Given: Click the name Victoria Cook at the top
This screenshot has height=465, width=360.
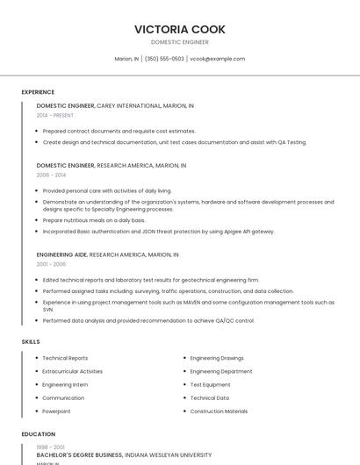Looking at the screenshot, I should click(x=179, y=29).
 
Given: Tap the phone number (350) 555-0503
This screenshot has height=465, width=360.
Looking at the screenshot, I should click(x=164, y=59).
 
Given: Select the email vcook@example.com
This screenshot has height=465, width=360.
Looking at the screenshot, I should click(x=217, y=59).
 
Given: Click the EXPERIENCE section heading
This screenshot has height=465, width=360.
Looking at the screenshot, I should click(x=38, y=92).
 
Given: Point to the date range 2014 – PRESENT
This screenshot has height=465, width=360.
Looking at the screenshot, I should click(x=55, y=115).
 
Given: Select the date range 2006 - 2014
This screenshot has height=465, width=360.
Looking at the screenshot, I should click(x=51, y=175).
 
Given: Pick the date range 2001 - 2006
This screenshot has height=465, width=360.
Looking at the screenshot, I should click(x=51, y=264).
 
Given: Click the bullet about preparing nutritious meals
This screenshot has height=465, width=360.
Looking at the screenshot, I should click(x=94, y=220).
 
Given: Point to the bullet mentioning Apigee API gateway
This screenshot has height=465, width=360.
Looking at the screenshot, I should click(x=158, y=232).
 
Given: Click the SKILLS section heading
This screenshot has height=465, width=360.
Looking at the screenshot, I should click(x=31, y=341).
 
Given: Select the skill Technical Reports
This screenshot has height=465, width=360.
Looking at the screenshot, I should click(x=65, y=358).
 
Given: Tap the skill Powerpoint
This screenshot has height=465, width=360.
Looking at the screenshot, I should click(x=56, y=411).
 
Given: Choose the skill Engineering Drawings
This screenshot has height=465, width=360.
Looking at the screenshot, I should click(x=217, y=358).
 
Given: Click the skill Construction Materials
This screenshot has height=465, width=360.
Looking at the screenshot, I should click(x=219, y=411).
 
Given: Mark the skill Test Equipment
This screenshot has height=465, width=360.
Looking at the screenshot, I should click(x=210, y=384).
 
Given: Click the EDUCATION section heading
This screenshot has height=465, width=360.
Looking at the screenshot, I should click(x=38, y=434).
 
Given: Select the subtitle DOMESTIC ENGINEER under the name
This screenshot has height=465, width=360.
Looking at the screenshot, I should click(x=179, y=42).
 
